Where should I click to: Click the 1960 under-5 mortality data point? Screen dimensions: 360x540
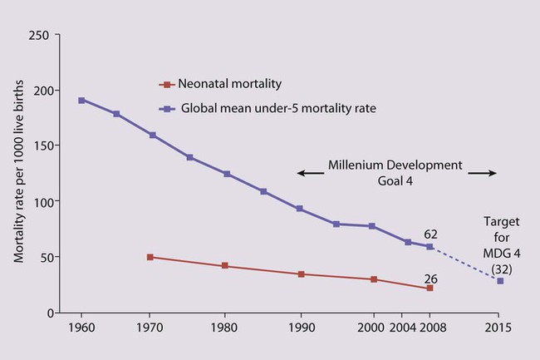[81, 101]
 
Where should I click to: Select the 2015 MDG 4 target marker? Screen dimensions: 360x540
[500, 281]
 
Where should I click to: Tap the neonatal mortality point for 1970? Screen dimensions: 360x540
[150, 257]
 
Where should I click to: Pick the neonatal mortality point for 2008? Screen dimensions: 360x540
[430, 288]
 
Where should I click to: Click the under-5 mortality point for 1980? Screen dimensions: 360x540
[226, 175]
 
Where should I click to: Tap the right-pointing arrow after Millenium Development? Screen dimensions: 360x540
[482, 173]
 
